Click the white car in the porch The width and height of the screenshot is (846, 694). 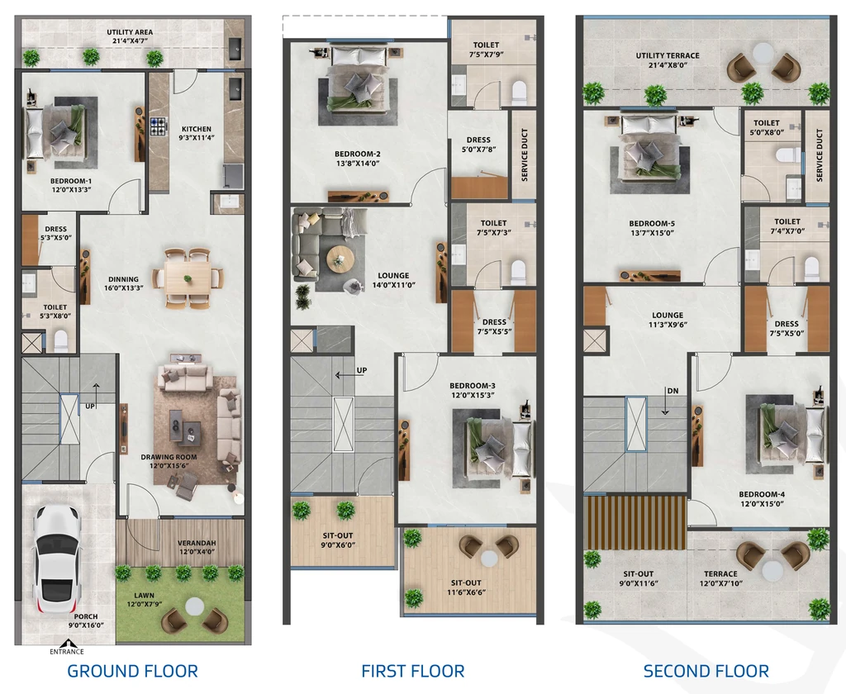56,561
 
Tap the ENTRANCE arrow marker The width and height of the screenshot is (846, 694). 67,644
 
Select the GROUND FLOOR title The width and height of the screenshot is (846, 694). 132,671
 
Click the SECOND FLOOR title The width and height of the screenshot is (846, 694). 706,671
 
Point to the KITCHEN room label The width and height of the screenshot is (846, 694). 197,129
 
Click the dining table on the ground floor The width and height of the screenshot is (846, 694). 188,278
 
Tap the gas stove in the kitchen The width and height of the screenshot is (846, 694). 159,127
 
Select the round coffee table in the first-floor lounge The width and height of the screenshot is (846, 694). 339,260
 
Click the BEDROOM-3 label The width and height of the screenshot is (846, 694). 472,385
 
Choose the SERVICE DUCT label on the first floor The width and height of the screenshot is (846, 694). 525,154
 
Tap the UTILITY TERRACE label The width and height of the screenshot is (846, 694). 668,55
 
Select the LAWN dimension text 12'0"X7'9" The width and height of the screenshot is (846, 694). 144,604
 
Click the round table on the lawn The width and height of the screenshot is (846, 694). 194,607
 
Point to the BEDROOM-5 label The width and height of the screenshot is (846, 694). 652,223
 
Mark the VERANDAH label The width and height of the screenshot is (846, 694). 197,543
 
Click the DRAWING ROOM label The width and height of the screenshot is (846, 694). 169,457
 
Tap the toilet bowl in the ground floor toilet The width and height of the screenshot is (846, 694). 61,341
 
